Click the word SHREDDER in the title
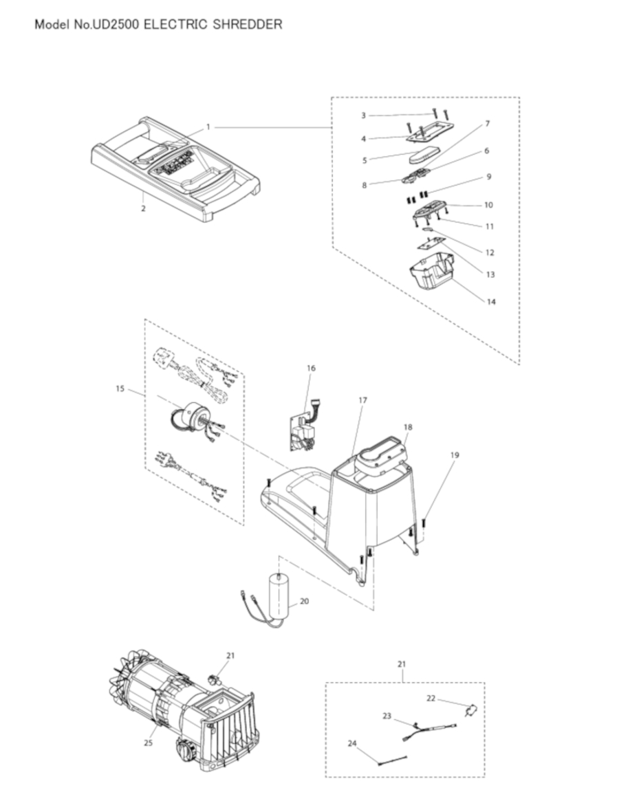(x=248, y=24)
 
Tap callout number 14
(x=491, y=301)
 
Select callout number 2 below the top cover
(x=143, y=209)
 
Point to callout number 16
(x=311, y=369)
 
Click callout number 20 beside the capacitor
(x=305, y=601)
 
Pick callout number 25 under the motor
(x=149, y=744)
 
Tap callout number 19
(x=455, y=455)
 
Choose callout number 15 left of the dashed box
(x=120, y=388)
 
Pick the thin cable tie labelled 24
(x=392, y=760)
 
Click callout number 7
(x=488, y=124)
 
